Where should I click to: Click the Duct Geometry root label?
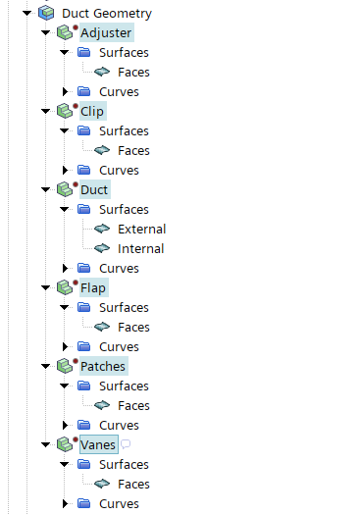click(107, 14)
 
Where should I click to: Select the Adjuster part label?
click(106, 32)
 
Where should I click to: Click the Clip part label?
click(92, 112)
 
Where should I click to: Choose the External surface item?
click(142, 229)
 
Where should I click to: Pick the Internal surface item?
click(141, 248)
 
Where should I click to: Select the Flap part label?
click(93, 288)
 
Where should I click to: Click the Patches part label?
click(103, 366)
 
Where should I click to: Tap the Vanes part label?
click(98, 444)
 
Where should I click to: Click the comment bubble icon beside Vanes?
click(126, 444)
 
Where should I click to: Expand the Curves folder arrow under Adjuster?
click(65, 91)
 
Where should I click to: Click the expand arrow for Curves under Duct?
click(65, 269)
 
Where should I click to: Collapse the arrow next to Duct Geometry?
click(26, 13)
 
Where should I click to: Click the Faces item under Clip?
click(133, 151)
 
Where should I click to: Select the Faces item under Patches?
click(133, 406)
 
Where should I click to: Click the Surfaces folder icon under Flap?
click(84, 307)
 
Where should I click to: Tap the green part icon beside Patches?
click(65, 366)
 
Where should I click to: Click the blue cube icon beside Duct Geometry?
click(46, 13)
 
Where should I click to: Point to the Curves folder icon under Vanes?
click(84, 503)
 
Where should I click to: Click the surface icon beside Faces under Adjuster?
click(102, 72)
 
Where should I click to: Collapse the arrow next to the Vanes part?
click(46, 444)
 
